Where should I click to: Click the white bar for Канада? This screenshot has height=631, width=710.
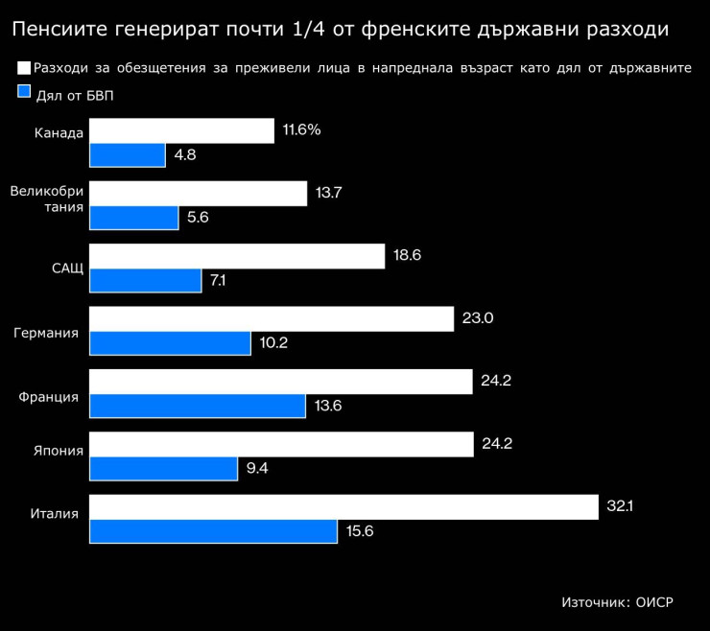pos(181,130)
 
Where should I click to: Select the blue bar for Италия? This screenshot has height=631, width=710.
pos(213,531)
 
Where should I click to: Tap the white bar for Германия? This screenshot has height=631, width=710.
pos(272,318)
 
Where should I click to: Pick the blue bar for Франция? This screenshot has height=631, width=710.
pos(198,406)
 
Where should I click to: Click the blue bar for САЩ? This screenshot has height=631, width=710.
pos(146,280)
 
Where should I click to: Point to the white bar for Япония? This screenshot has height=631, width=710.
pos(282,444)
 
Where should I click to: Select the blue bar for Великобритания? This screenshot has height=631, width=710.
pos(134,218)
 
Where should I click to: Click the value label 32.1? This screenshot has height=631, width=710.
pos(621,506)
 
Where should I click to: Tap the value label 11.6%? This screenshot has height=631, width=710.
pos(302,129)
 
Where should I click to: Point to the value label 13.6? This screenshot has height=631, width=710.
pos(328,406)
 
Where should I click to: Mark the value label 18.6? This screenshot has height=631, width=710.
pos(408,255)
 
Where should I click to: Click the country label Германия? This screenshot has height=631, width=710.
pos(45,333)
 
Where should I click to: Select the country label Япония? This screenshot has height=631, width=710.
pos(59,450)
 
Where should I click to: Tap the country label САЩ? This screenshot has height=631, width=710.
pos(67,267)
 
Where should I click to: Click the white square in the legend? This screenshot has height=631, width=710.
pos(24,68)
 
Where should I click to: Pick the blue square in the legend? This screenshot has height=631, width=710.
pos(24,93)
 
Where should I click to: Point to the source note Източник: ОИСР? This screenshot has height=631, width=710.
pos(617,602)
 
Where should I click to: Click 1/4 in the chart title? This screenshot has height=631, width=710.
pos(309,31)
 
